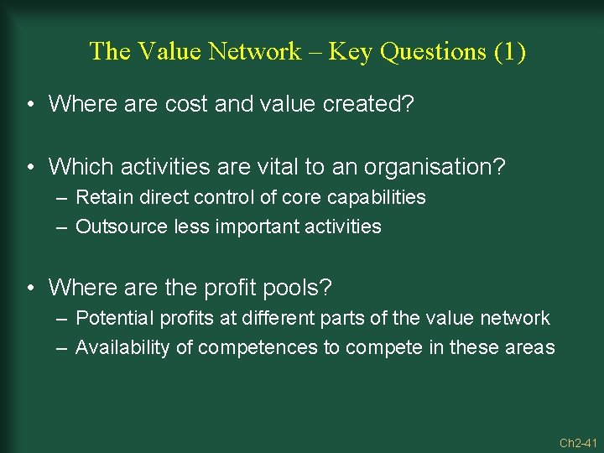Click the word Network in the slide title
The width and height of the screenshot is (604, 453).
pyautogui.click(x=253, y=51)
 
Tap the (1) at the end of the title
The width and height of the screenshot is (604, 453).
pyautogui.click(x=510, y=51)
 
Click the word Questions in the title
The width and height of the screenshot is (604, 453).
pyautogui.click(x=433, y=51)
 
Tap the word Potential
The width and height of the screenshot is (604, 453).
pyautogui.click(x=110, y=319)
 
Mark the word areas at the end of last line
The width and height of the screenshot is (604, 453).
pyautogui.click(x=529, y=347)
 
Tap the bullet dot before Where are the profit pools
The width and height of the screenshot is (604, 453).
pyautogui.click(x=30, y=289)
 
